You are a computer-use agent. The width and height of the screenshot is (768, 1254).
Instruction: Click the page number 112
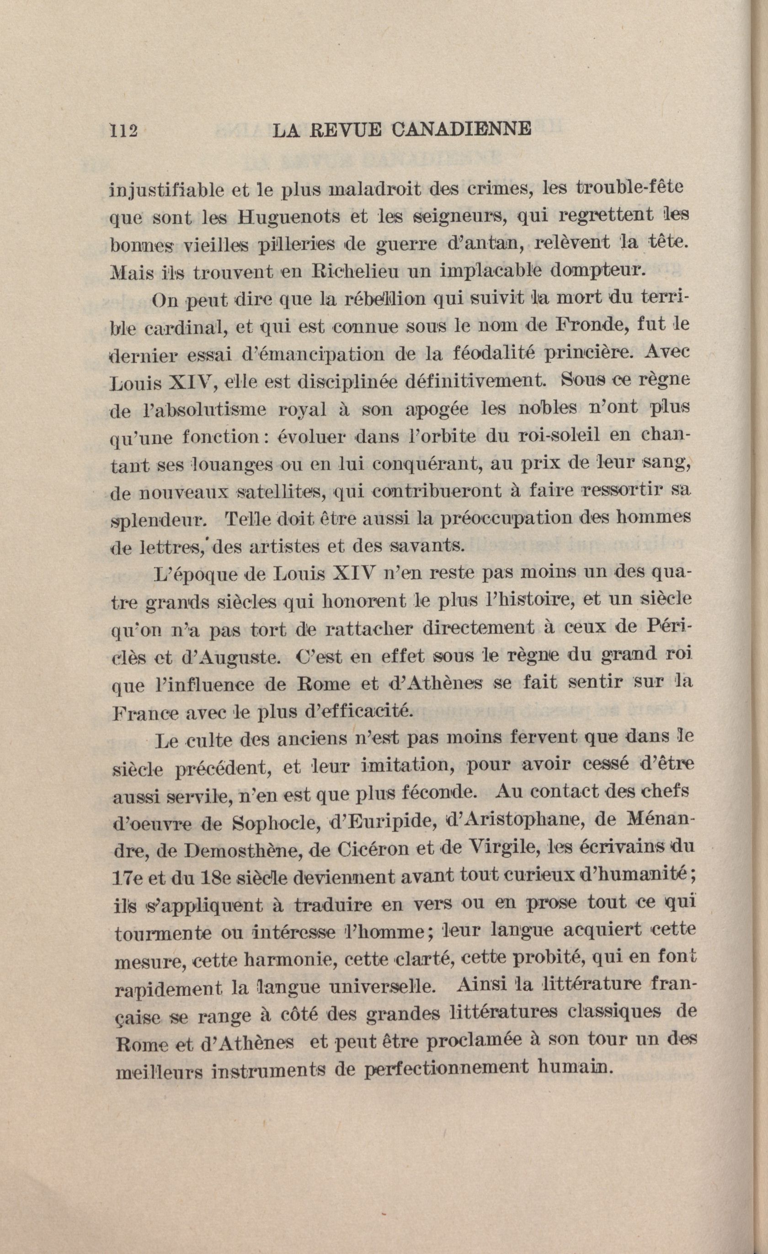click(x=124, y=131)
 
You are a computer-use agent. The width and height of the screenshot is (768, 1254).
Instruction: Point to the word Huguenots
click(x=289, y=217)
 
